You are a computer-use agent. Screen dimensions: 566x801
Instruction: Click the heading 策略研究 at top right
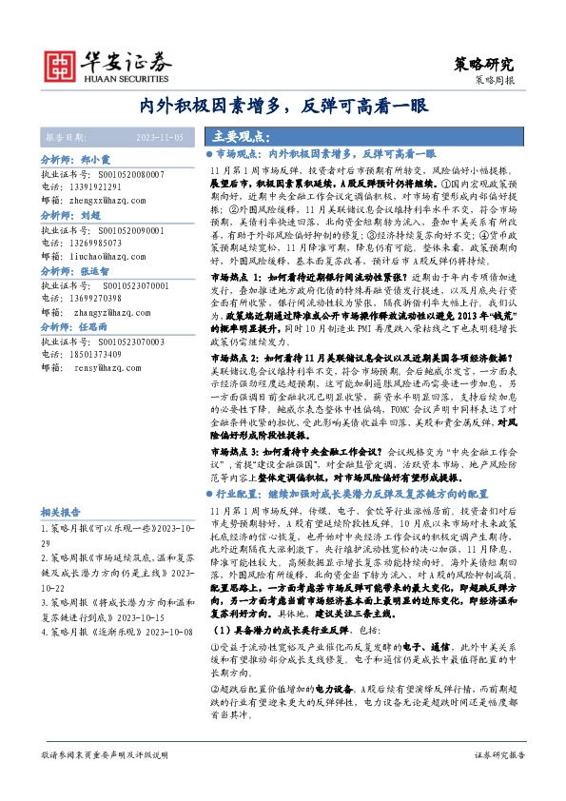point(487,65)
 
